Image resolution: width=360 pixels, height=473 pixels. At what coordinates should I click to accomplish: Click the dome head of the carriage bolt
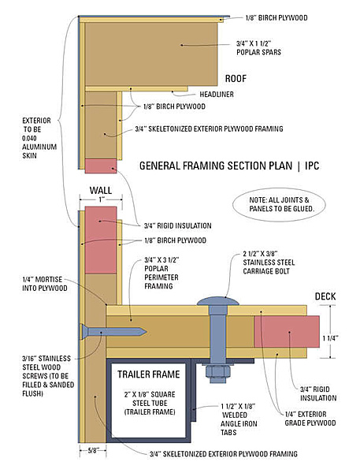[218, 301]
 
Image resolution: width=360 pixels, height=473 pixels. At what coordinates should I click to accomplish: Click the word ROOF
[236, 79]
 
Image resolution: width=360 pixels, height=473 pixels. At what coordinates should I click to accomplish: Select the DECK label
[325, 296]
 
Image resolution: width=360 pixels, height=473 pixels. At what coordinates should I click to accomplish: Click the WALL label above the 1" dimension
[101, 190]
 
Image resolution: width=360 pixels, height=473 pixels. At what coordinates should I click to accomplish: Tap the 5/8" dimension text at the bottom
[93, 451]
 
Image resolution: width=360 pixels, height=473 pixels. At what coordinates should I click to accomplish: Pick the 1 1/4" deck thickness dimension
[331, 338]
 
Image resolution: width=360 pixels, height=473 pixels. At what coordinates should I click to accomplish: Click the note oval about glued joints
[280, 204]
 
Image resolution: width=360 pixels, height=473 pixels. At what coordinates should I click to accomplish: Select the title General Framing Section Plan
[216, 166]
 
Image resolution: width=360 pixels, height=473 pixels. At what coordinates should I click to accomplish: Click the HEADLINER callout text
[217, 95]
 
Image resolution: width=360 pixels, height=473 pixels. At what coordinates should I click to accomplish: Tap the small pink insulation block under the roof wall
[101, 166]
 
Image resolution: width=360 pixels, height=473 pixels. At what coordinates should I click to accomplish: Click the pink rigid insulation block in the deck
[287, 332]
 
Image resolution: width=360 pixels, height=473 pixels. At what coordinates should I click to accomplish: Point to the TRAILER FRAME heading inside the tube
[149, 374]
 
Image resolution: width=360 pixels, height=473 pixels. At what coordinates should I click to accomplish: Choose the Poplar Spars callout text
[258, 47]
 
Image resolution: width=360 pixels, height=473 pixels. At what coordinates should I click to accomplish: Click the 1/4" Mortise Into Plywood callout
[45, 284]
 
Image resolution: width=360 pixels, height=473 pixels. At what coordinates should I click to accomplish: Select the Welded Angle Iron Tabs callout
[239, 419]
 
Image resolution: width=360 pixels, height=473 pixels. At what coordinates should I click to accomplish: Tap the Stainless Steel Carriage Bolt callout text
[269, 263]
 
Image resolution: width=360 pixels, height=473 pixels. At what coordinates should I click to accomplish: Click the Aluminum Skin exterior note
[39, 138]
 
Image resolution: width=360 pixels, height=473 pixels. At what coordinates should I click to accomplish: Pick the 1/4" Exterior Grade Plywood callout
[310, 419]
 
